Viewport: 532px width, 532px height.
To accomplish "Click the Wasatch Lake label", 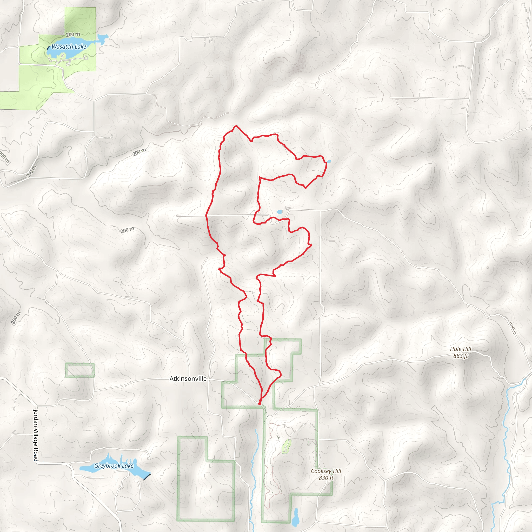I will coord(69,47).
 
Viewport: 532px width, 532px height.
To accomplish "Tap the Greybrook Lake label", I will coord(114,466).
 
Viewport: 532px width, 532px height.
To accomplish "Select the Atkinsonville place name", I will coord(188,379).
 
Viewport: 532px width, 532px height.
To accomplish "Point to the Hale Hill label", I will coord(461,349).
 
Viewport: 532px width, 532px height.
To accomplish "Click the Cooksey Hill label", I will coord(326,471).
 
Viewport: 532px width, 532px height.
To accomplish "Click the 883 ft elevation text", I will coord(461,356).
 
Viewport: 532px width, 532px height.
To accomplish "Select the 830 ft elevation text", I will coord(326,478).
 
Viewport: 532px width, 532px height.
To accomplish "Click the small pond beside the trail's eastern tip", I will coord(329,161).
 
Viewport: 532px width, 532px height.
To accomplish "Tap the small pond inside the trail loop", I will coord(280,212).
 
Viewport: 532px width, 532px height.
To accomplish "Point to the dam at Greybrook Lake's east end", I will coord(147,477).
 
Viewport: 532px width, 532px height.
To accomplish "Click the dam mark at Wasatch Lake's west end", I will coord(48,48).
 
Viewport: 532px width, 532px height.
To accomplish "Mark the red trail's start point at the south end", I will coord(260,404).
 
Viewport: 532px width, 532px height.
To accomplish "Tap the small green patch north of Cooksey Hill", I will coord(286,446).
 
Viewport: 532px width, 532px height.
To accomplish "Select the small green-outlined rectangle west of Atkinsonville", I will coord(80,370).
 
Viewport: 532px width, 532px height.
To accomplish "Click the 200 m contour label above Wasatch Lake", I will coord(73,35).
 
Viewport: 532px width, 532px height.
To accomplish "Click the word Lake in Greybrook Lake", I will coord(128,466).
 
